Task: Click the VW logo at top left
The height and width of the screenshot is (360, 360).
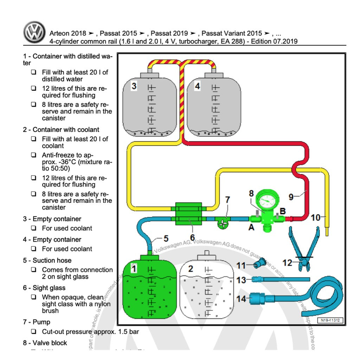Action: click(34, 32)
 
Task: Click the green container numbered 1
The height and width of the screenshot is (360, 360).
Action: click(149, 288)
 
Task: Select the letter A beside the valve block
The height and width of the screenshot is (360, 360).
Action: click(251, 228)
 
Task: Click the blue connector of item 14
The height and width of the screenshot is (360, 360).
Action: click(258, 300)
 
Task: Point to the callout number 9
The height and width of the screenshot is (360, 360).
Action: click(291, 197)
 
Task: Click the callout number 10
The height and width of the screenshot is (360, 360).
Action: click(316, 218)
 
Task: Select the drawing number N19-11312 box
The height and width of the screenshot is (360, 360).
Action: click(330, 320)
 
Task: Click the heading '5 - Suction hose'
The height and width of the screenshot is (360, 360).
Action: click(47, 261)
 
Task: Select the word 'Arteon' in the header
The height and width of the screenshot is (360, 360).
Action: click(59, 34)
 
